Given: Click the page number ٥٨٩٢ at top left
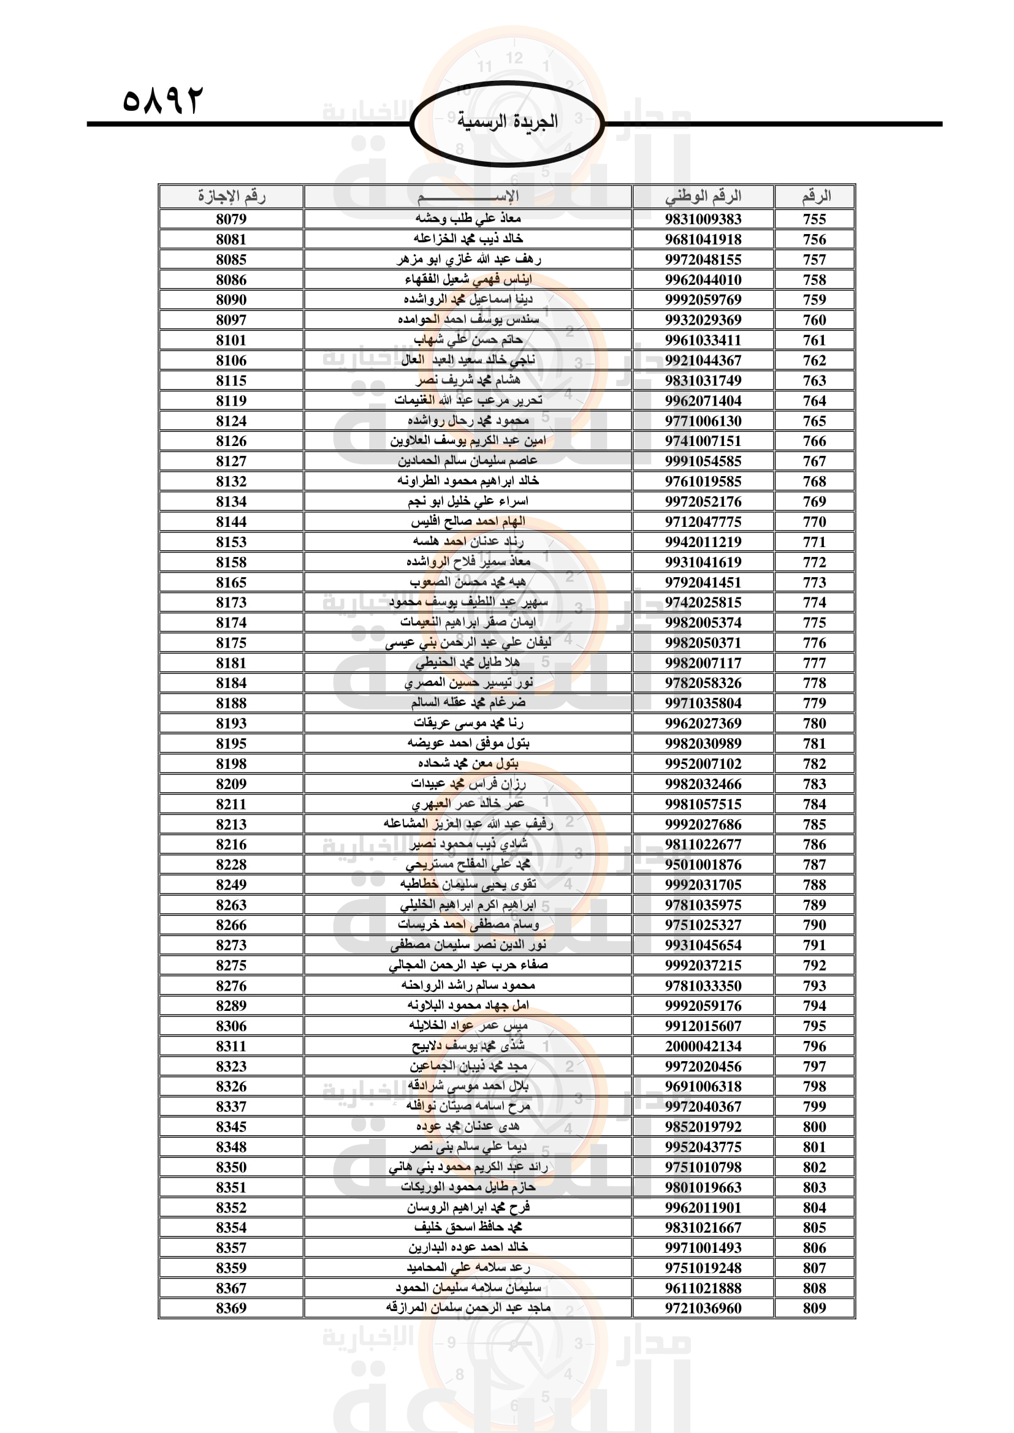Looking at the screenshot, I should click(163, 100).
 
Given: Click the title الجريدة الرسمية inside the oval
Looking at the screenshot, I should click(507, 121).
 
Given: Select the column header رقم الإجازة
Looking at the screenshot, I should click(231, 197).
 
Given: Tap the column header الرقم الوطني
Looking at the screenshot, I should click(703, 197).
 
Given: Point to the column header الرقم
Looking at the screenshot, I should click(815, 197).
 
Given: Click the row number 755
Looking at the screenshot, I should click(814, 219).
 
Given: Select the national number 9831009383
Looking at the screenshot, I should click(703, 219).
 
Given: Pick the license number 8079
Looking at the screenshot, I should click(231, 219).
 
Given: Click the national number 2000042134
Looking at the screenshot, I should click(703, 1046).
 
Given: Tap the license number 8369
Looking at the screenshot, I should click(231, 1308).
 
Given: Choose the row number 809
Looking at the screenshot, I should click(814, 1308).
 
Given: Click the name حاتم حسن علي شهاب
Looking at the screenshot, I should click(468, 340).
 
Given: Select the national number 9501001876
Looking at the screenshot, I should click(703, 864).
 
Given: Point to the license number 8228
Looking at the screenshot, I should click(231, 864).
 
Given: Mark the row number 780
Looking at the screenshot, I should click(814, 724).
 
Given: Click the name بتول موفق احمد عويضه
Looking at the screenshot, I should click(468, 743).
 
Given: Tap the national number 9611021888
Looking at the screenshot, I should click(703, 1288).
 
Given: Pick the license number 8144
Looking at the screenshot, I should click(231, 522).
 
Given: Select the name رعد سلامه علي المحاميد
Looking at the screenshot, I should click(468, 1268).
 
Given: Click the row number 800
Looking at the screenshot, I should click(814, 1127).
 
